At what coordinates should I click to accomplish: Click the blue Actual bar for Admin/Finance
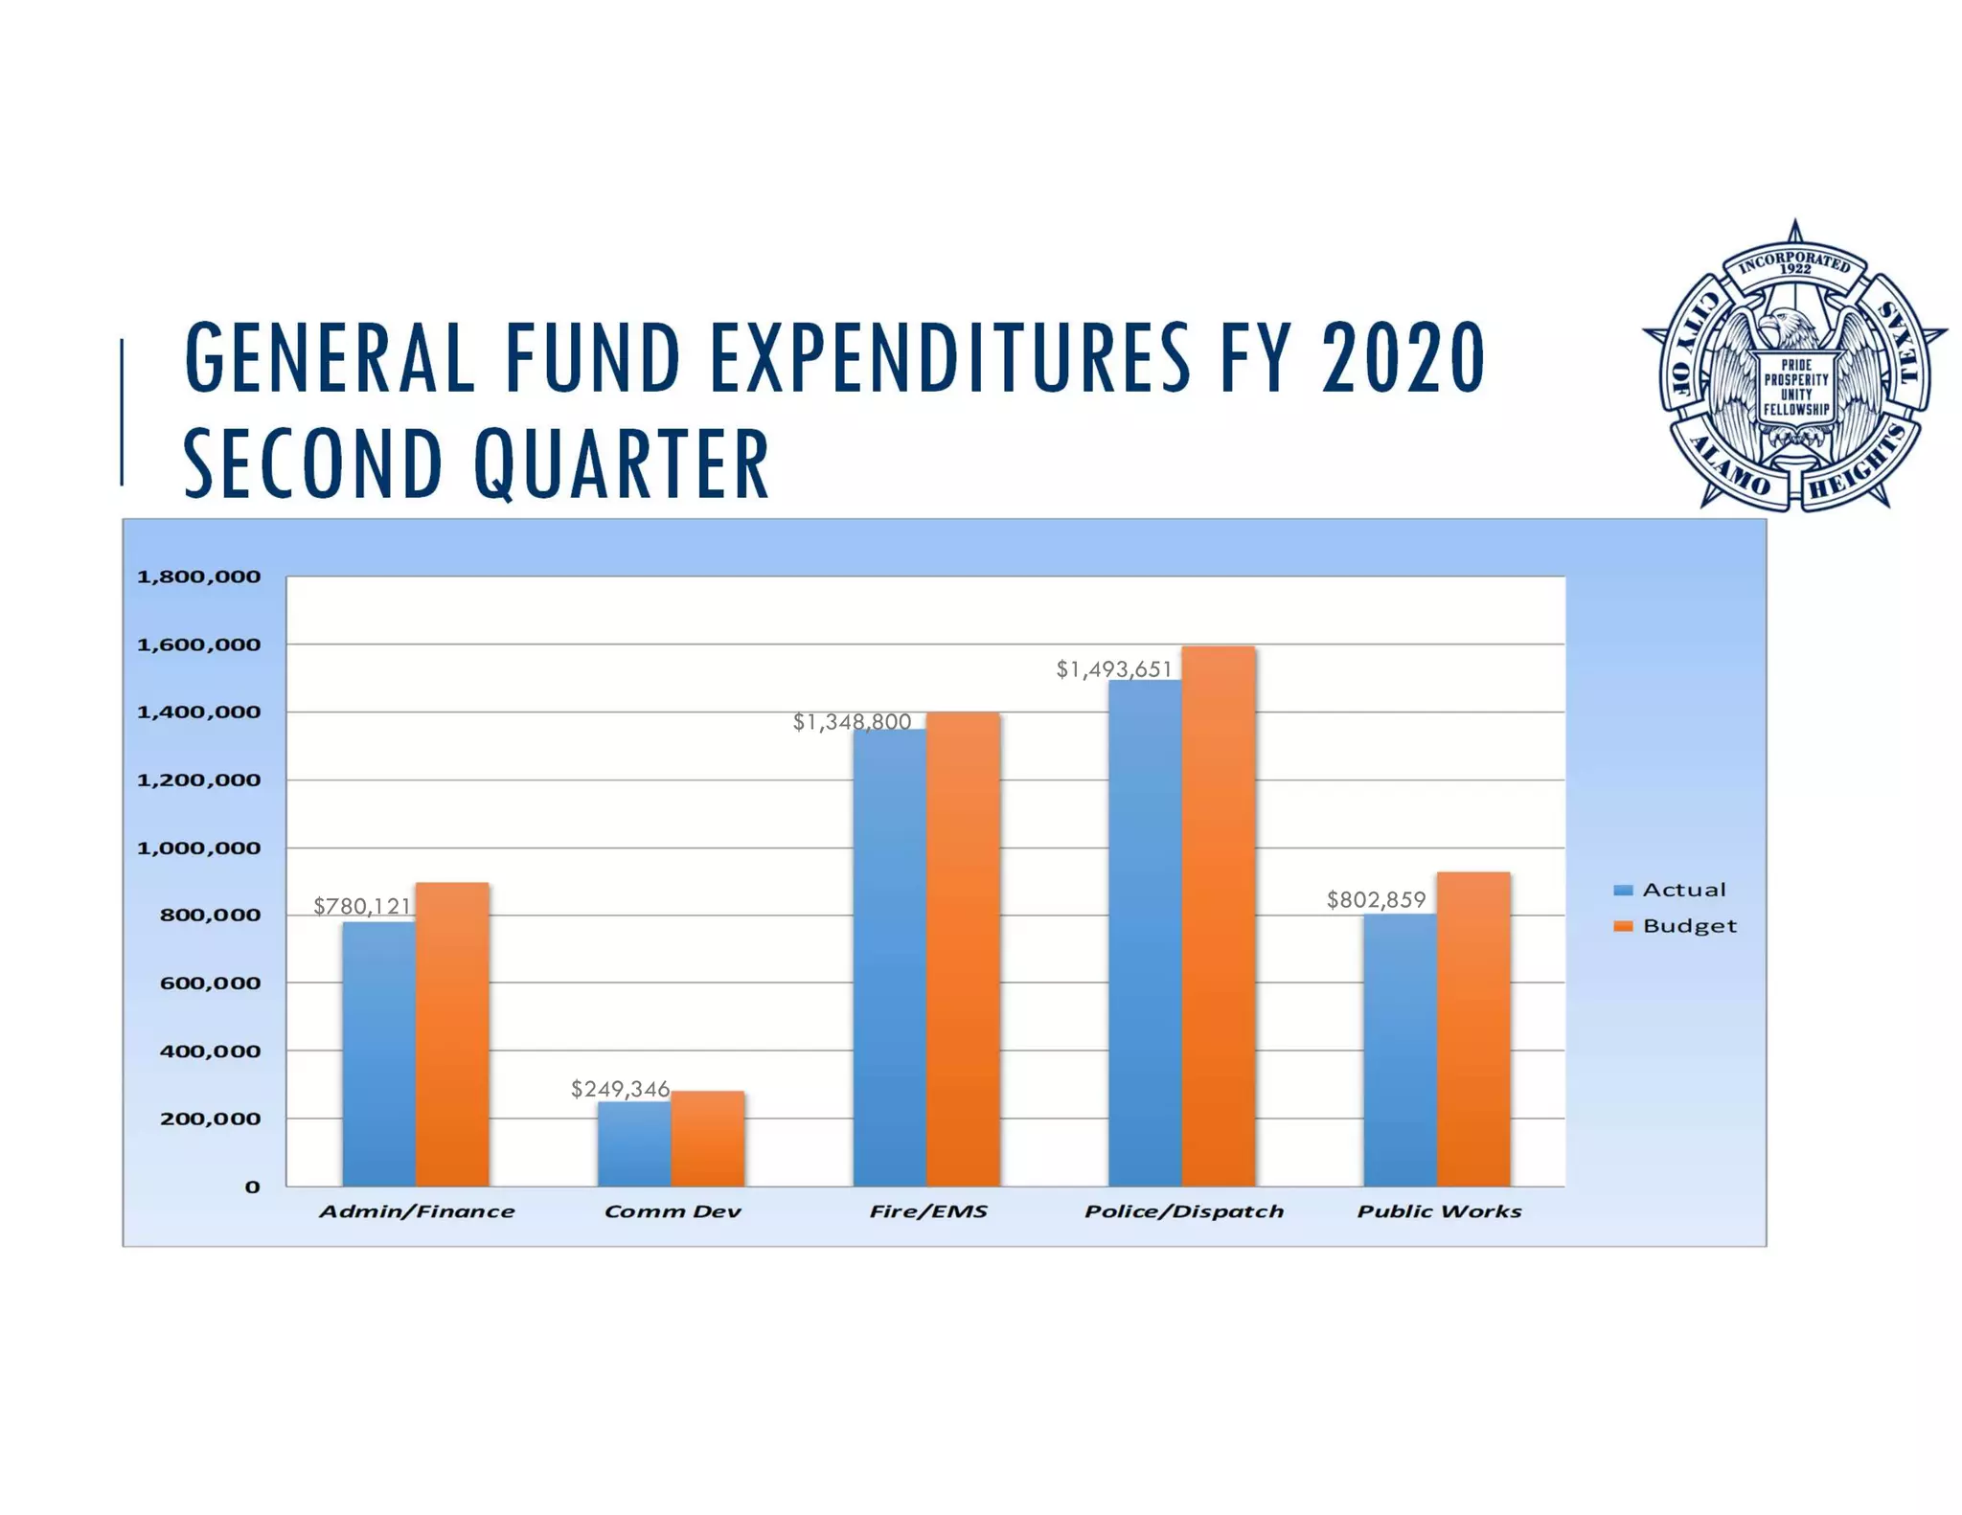click(x=378, y=1053)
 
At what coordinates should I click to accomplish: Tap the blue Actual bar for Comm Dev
click(x=634, y=1143)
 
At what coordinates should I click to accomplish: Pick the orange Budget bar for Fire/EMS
click(x=963, y=949)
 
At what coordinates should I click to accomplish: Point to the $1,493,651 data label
click(x=1113, y=669)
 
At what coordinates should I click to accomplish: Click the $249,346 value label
click(x=620, y=1089)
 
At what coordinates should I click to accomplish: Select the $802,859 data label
click(x=1376, y=899)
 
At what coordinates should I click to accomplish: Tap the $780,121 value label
click(x=362, y=906)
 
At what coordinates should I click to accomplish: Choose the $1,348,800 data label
click(x=852, y=722)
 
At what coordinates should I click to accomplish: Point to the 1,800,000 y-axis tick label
click(x=198, y=577)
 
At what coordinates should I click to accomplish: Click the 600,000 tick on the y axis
click(x=210, y=984)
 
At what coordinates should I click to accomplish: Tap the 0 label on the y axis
click(x=252, y=1187)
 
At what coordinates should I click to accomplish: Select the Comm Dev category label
click(x=673, y=1211)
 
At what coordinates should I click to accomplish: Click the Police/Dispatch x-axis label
click(x=1184, y=1211)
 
